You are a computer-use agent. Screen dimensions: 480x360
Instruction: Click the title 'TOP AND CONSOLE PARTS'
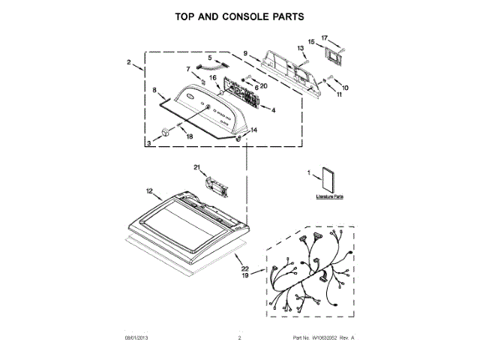[x=239, y=16]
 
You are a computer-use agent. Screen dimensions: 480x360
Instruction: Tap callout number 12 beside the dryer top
[x=149, y=192]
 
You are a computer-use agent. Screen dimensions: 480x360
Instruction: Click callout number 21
[x=196, y=166]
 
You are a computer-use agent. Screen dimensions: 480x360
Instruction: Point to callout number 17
[x=325, y=37]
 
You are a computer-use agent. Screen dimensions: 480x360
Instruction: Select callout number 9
[x=245, y=52]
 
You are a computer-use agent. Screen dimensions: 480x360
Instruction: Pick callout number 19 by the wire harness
[x=244, y=276]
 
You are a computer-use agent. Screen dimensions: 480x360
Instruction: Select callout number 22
[x=244, y=268]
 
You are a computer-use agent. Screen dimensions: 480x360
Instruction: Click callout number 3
[x=150, y=141]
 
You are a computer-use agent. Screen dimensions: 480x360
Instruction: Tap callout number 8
[x=155, y=90]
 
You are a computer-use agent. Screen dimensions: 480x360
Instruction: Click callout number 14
[x=253, y=130]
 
